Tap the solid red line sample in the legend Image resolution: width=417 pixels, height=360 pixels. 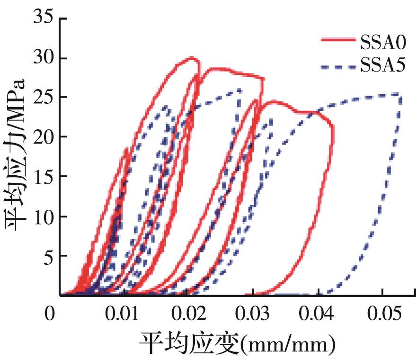coord(337,40)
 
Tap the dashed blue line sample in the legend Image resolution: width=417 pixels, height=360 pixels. coord(337,67)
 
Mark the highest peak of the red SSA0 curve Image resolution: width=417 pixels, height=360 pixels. coord(192,58)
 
